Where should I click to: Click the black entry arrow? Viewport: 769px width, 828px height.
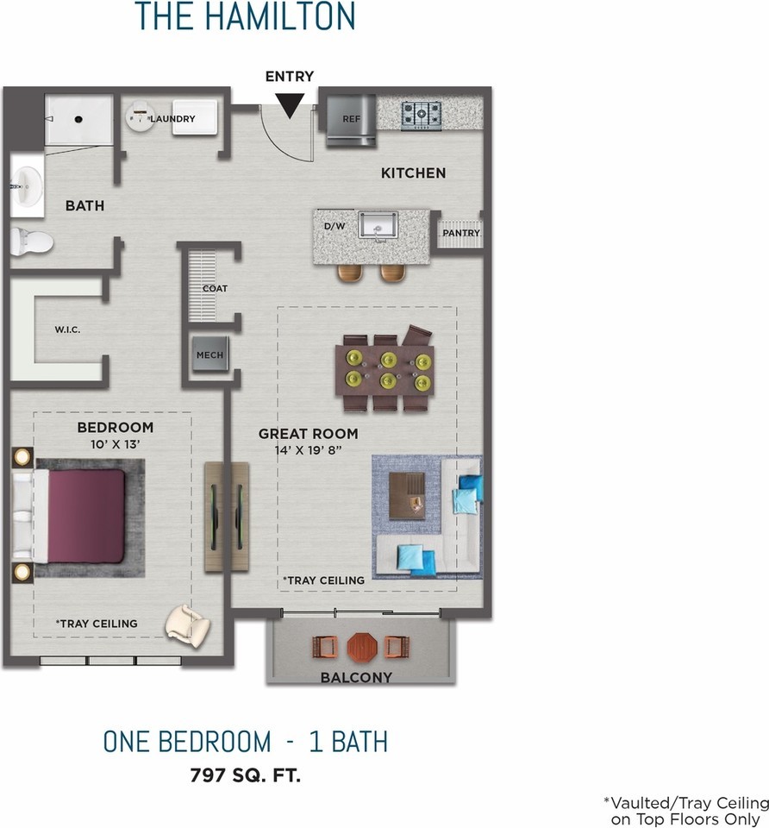[290, 104]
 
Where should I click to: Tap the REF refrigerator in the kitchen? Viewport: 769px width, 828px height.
[351, 119]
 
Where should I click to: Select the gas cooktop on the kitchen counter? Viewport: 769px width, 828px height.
[422, 115]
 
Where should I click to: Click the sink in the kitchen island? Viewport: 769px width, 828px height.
[378, 225]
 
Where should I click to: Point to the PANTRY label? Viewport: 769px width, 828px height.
[461, 233]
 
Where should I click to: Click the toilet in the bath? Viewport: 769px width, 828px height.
[31, 242]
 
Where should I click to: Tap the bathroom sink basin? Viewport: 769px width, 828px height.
[27, 186]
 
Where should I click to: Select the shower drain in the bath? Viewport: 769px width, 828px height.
[78, 119]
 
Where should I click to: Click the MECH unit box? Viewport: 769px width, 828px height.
[210, 354]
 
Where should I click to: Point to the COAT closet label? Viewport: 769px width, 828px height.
[215, 288]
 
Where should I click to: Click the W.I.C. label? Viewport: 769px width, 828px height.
[67, 329]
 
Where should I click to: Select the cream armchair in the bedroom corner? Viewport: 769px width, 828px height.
[188, 626]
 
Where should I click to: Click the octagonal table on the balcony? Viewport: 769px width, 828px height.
[362, 647]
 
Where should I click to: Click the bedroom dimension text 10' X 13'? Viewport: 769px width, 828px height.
[115, 445]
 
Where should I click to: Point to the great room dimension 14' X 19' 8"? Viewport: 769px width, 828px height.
[309, 450]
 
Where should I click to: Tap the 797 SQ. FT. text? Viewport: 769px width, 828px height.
[246, 775]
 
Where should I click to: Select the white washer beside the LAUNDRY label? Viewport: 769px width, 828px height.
[194, 117]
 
